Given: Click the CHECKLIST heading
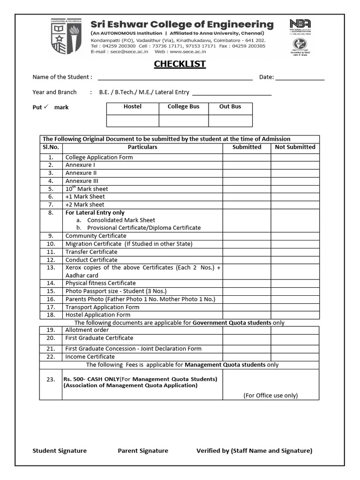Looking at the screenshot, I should [x=180, y=64].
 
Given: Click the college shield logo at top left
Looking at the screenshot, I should [x=67, y=37].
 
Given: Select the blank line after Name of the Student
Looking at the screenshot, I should [x=175, y=78].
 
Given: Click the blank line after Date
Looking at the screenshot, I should [x=300, y=78].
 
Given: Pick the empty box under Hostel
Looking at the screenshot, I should [x=133, y=121].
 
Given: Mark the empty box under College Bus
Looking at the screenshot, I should [x=183, y=121].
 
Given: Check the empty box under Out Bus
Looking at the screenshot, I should [x=230, y=121].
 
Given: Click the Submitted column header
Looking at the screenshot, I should [x=247, y=147].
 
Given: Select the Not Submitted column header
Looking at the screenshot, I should [x=295, y=147].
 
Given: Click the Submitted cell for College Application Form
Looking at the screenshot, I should [x=247, y=157].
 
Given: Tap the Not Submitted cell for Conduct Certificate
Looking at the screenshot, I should [x=295, y=260].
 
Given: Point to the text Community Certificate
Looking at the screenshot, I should [x=96, y=236].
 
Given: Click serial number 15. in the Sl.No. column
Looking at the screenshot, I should [x=51, y=291].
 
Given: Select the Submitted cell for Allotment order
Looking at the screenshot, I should [x=247, y=330].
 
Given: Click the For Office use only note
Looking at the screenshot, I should [x=270, y=395].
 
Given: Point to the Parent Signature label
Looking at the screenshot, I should [x=142, y=450].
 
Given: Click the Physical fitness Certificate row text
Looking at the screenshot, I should [x=100, y=283].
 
